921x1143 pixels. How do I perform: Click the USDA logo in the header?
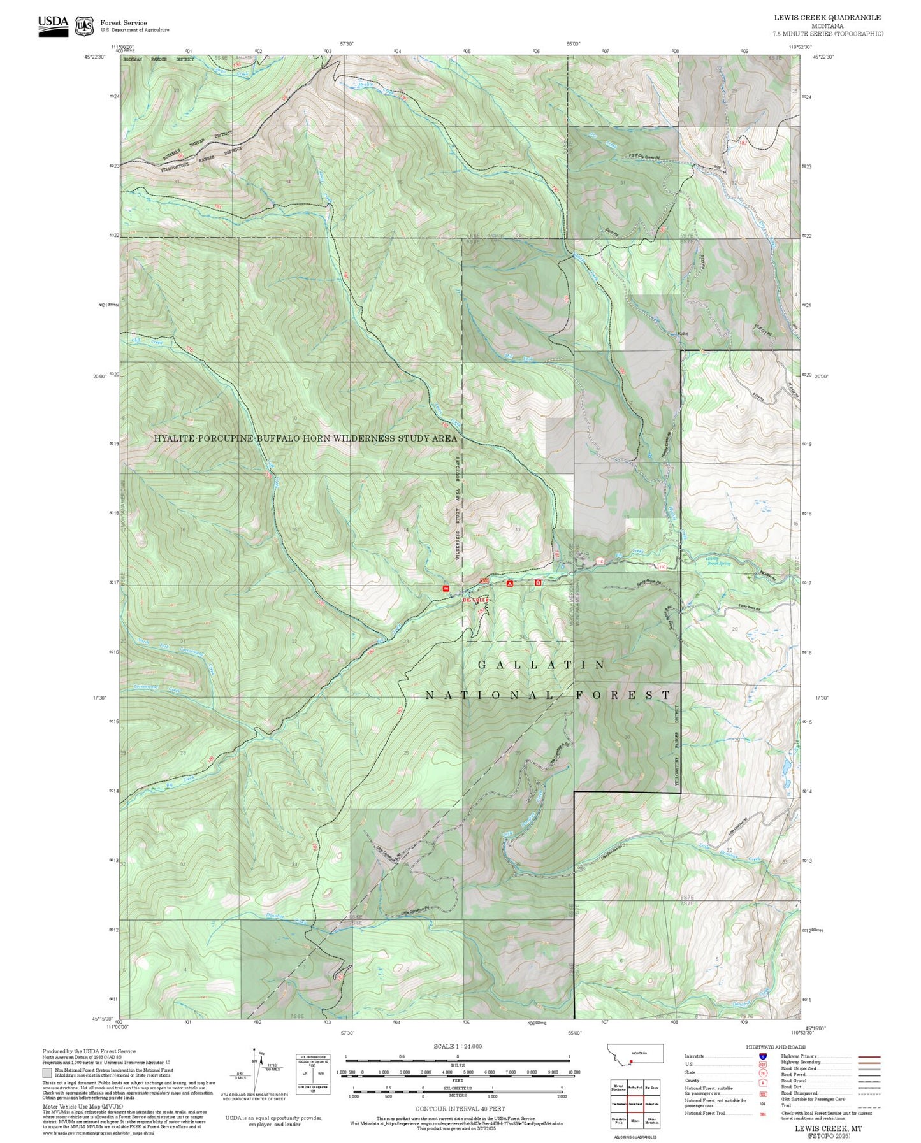tap(53, 25)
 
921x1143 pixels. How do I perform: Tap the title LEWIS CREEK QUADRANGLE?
tap(827, 18)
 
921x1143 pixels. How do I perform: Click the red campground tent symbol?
tap(509, 584)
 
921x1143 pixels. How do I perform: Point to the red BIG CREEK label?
tap(476, 600)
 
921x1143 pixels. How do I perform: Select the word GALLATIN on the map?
tap(542, 665)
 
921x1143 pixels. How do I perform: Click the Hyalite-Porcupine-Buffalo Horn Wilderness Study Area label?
tap(305, 438)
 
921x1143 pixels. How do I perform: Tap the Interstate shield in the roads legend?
tap(762, 1056)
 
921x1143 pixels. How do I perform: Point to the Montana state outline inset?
tap(635, 1053)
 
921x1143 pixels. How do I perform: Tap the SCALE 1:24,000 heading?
tap(458, 1046)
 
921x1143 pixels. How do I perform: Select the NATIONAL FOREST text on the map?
tap(548, 695)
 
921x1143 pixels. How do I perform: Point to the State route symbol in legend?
tap(762, 1072)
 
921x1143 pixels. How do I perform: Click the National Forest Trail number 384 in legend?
tap(762, 1114)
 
